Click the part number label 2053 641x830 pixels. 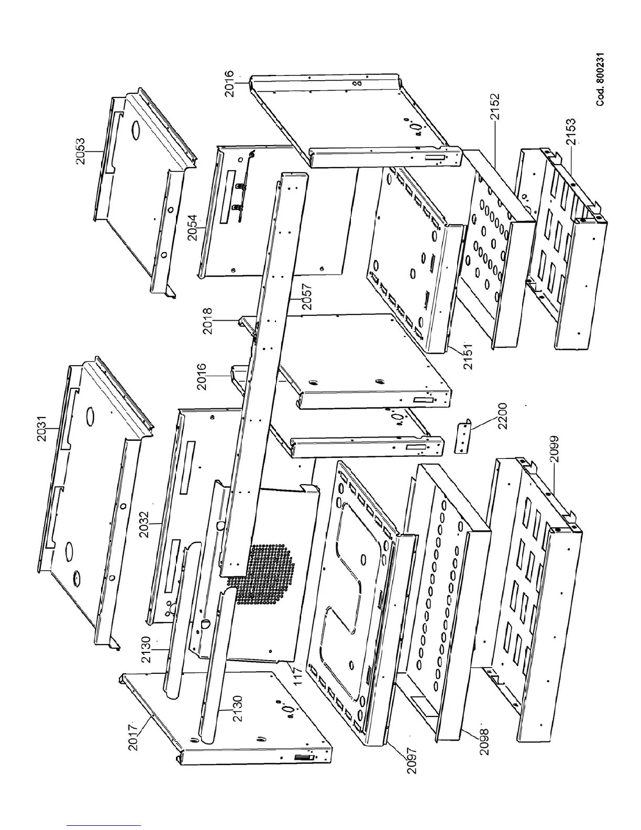[x=80, y=151]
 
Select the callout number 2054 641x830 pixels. [x=193, y=227]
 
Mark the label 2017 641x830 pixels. [x=135, y=736]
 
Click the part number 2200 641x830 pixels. [x=503, y=416]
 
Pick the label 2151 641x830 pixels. [x=468, y=357]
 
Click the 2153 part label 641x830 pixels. [x=570, y=131]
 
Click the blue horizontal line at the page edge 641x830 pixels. [x=104, y=825]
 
